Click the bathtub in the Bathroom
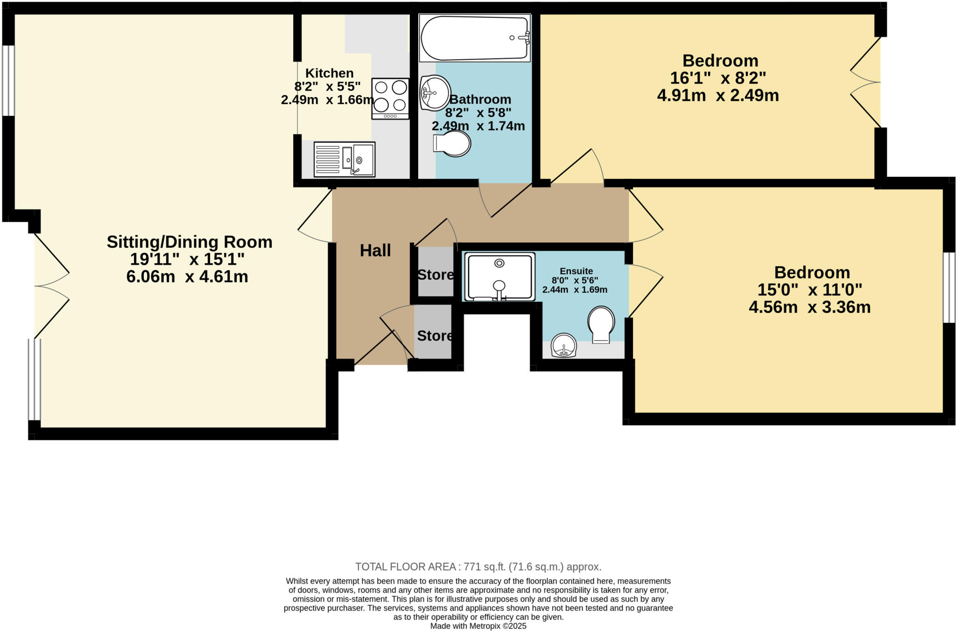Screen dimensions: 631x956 [x=475, y=38]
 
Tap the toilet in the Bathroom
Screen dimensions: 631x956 [x=452, y=143]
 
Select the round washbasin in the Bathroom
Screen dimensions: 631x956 [x=435, y=93]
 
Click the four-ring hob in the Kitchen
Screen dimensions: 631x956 [x=390, y=98]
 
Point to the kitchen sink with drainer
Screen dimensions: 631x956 [x=344, y=159]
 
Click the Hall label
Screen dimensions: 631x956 [x=375, y=251]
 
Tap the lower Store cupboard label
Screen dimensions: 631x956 [x=435, y=336]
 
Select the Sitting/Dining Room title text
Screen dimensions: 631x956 [x=190, y=242]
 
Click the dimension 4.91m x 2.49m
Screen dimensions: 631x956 [x=718, y=96]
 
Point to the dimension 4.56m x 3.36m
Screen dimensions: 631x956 [x=809, y=307]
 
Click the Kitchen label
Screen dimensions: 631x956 [x=329, y=73]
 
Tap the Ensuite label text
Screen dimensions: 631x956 [x=576, y=271]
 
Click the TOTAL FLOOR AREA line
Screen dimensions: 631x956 [x=478, y=567]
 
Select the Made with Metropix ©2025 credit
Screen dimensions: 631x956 [x=478, y=626]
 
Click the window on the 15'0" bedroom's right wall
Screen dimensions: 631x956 [x=949, y=287]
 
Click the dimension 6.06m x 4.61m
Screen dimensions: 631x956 [x=187, y=277]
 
